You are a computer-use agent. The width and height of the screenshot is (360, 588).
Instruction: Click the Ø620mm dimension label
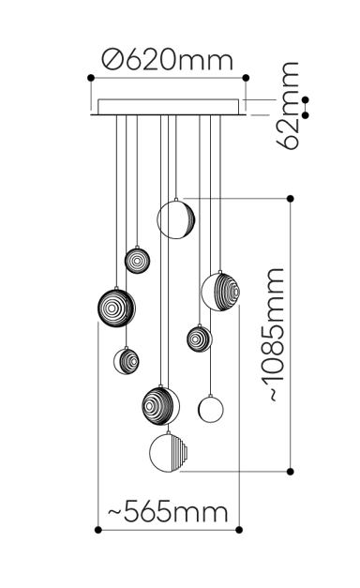[168, 61]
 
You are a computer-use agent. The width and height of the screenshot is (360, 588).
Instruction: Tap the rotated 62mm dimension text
[290, 104]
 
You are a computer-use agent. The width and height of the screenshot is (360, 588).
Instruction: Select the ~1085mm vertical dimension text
[273, 335]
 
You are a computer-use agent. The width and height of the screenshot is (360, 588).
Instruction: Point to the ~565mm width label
[168, 512]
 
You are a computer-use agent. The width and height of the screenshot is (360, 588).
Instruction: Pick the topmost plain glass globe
[175, 219]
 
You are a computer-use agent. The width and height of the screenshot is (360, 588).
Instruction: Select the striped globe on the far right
[220, 292]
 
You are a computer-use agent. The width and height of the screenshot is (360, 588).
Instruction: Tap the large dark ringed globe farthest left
[116, 307]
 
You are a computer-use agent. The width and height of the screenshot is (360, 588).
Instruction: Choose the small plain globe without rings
[210, 409]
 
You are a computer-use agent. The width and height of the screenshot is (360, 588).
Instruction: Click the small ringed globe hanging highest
[137, 260]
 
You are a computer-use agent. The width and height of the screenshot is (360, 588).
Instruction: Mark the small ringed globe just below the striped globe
[199, 338]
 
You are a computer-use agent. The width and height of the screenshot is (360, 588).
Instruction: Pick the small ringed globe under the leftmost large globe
[127, 359]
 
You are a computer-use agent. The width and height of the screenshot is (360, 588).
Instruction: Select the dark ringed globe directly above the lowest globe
[161, 404]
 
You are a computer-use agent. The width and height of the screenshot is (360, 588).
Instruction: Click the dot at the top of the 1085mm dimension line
[291, 198]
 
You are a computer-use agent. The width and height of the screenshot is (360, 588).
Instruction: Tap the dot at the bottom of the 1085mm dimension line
[291, 472]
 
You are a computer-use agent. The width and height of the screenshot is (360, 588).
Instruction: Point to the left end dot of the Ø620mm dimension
[90, 78]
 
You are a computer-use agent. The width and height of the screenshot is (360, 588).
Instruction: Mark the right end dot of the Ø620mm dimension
[246, 78]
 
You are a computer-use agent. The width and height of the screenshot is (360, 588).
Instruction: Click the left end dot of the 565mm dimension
[100, 530]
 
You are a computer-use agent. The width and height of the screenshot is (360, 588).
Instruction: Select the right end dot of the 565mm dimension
[239, 530]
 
